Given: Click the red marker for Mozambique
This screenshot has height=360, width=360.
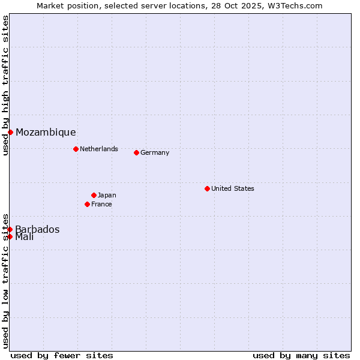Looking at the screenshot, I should [x=10, y=132].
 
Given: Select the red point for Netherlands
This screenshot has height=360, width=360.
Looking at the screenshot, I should [x=76, y=149].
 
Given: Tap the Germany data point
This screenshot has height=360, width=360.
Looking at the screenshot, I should [x=136, y=152].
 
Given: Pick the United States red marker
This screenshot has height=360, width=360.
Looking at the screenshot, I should [x=207, y=188].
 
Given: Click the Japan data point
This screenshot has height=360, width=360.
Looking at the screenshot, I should [x=94, y=195].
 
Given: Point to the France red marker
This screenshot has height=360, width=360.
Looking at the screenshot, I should [x=87, y=204].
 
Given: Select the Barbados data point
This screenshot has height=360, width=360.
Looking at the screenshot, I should [x=10, y=229].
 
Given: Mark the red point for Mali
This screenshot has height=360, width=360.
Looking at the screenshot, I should [x=10, y=236].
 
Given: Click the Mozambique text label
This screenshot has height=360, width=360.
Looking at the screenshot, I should [x=46, y=133].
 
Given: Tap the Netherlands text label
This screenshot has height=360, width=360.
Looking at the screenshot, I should [x=99, y=149].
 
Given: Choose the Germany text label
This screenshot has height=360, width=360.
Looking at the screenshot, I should [x=155, y=152].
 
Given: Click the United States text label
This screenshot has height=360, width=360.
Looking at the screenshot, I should [x=233, y=188].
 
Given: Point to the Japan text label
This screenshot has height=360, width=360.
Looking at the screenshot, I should [x=107, y=195].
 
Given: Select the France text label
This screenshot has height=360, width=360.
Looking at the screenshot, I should [x=101, y=204].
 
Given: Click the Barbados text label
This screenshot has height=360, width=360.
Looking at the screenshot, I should [x=37, y=229].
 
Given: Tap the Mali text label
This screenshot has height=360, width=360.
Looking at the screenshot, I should [x=25, y=237].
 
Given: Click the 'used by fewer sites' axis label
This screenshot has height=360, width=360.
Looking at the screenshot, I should [x=62, y=355].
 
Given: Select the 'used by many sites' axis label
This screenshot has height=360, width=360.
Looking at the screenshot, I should [x=301, y=355].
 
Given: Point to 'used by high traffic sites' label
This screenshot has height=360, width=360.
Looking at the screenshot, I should [x=5, y=86].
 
